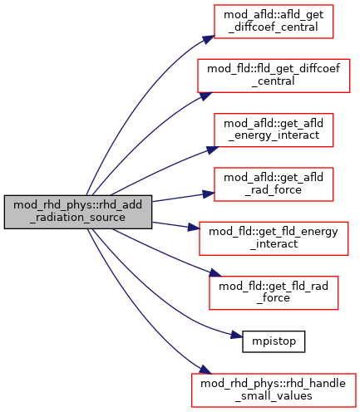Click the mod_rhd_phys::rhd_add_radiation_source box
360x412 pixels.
coord(78,212)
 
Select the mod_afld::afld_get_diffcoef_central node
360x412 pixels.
coord(274,22)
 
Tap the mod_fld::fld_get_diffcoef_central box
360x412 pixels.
coord(274,76)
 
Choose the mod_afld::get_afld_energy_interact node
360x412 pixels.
coord(274,130)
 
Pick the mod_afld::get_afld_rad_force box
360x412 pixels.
coord(274,184)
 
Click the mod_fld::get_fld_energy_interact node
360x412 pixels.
coord(274,238)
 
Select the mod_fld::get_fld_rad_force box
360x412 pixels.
coord(274,292)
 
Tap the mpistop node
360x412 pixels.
coord(274,341)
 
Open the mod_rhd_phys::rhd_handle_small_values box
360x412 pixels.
coord(274,390)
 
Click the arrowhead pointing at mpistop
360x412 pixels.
coord(237,335)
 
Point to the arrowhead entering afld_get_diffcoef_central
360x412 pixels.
coord(209,40)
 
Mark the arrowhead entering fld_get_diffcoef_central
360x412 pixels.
coord(206,96)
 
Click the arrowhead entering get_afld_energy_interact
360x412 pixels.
coord(213,150)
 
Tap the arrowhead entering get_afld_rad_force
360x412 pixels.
coord(209,194)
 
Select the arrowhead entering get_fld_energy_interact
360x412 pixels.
coord(194,228)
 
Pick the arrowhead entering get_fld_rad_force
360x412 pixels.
coord(215,272)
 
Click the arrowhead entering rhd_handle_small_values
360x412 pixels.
coord(205,370)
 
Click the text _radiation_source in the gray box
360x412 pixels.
coord(78,218)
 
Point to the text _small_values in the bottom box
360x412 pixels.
coord(274,396)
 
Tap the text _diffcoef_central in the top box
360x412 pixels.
coord(274,27)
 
